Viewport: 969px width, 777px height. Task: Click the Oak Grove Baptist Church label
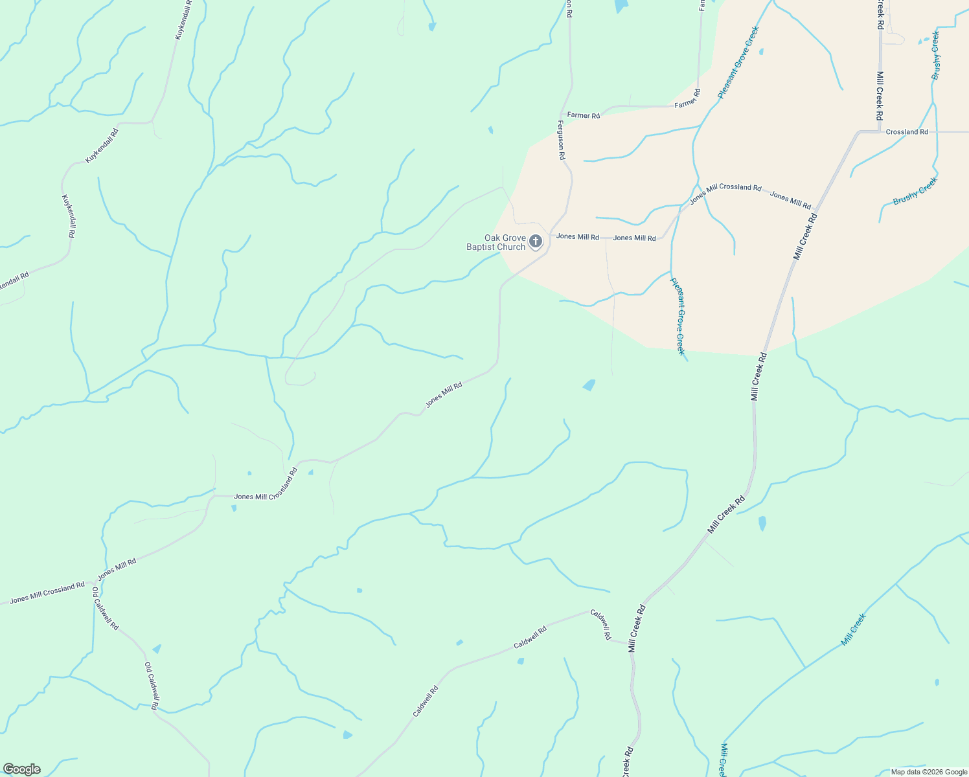click(x=496, y=243)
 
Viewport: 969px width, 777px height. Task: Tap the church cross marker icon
click(x=536, y=242)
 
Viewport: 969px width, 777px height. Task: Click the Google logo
click(x=21, y=769)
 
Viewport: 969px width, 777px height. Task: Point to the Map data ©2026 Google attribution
click(x=929, y=772)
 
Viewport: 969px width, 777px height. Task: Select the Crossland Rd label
click(x=906, y=132)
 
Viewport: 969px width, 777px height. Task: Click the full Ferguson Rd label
click(x=562, y=139)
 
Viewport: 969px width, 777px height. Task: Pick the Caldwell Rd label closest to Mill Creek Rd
click(x=600, y=625)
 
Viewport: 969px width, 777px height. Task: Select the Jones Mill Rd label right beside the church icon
click(x=577, y=237)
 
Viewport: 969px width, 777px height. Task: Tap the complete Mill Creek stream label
click(x=853, y=630)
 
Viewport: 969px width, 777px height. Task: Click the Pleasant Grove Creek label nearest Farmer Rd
click(x=738, y=63)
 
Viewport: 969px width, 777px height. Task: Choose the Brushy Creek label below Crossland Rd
click(x=915, y=191)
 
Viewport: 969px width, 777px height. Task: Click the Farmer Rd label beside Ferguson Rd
click(x=584, y=115)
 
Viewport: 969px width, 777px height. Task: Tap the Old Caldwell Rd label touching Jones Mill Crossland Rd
click(x=105, y=609)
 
